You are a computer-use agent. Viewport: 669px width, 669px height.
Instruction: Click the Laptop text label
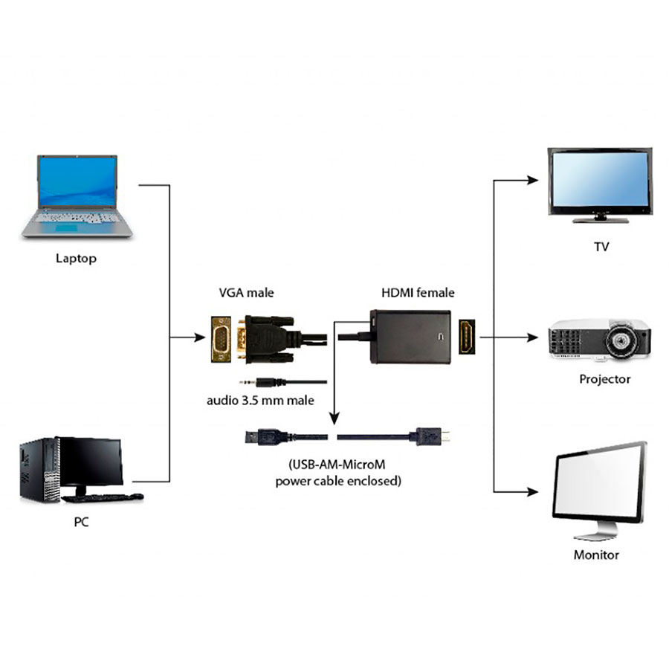coord(76,259)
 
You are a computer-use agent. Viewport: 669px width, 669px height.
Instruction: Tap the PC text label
coord(81,523)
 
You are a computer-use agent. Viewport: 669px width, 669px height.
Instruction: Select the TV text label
coord(601,247)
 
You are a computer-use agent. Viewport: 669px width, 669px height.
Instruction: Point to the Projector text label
coord(604,379)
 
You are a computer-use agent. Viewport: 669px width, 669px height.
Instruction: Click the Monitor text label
coord(596,555)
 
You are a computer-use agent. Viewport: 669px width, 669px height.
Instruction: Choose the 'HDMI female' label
coord(418,293)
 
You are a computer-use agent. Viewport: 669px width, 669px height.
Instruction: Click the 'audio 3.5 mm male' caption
coord(260,401)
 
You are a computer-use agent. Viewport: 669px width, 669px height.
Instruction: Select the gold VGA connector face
coord(222,338)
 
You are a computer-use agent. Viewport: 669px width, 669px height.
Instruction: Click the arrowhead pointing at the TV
coord(531,180)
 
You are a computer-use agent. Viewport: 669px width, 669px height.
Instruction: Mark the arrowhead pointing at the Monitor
coord(531,492)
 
